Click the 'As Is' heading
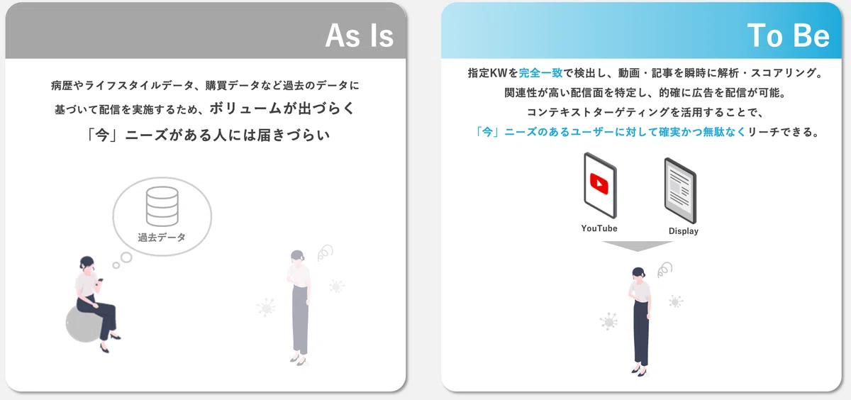point(360,35)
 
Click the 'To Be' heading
point(789,35)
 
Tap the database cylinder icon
point(162,206)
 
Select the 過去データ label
point(162,238)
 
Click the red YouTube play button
point(599,184)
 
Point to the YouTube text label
point(599,228)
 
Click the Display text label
point(684,231)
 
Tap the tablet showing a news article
point(680,191)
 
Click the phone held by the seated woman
point(101,280)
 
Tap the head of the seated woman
point(87,263)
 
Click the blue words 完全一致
point(540,72)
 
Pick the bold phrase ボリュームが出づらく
point(282,109)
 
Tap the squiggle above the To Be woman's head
point(665,270)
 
